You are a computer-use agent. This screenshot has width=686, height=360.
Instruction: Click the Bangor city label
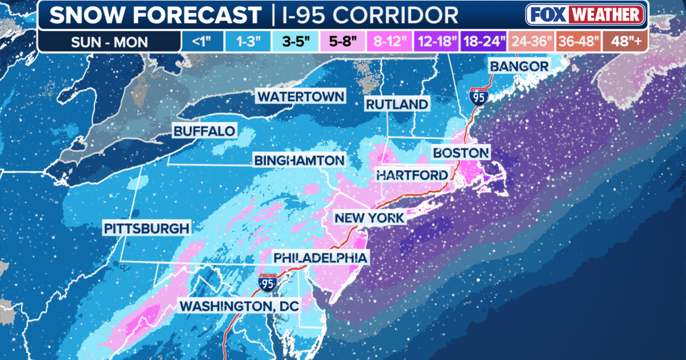[x=519, y=66]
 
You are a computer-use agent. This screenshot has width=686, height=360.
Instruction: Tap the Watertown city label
[x=301, y=96]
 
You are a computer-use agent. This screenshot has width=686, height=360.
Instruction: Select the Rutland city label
[x=397, y=104]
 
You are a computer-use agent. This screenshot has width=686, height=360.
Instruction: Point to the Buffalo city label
[x=205, y=131]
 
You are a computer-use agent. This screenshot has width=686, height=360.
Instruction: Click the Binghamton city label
[x=300, y=161]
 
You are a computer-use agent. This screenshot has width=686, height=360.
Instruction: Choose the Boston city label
[x=461, y=153]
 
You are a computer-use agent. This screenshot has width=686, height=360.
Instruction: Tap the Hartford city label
[x=412, y=175]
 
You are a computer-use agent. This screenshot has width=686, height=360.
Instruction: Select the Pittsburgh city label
[x=146, y=229]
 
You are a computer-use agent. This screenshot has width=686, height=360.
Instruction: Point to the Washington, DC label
[x=240, y=306]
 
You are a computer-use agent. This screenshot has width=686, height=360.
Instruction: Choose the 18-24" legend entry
[x=485, y=41]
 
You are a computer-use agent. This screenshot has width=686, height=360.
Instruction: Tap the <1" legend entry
[x=198, y=41]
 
